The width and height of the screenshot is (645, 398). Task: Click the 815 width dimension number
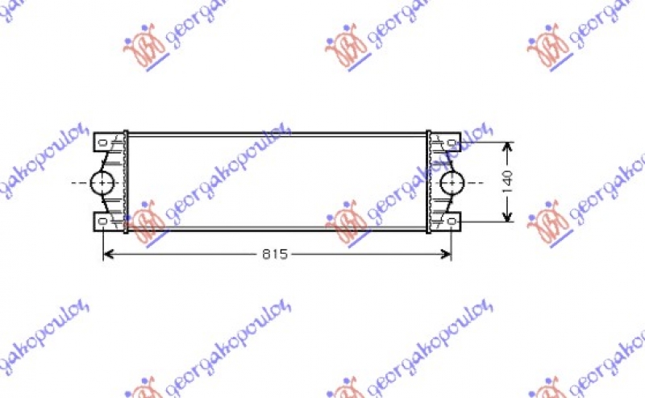[x=275, y=255]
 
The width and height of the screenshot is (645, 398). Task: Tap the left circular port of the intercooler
[x=103, y=183]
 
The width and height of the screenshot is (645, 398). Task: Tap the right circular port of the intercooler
[x=451, y=183]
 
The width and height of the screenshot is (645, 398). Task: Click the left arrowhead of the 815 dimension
[x=108, y=255]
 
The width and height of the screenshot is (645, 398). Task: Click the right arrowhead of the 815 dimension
[x=447, y=255]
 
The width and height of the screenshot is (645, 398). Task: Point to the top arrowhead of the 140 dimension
[x=507, y=147]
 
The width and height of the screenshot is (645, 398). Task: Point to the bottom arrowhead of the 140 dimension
[x=507, y=218]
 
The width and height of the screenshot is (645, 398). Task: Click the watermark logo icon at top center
[x=346, y=47]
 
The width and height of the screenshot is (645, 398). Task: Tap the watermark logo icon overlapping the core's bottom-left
[x=145, y=222]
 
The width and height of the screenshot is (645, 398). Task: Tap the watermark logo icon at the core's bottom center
[x=346, y=222]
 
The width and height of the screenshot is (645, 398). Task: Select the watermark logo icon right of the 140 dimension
[x=548, y=222]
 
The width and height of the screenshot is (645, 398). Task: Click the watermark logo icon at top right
[x=548, y=47]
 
